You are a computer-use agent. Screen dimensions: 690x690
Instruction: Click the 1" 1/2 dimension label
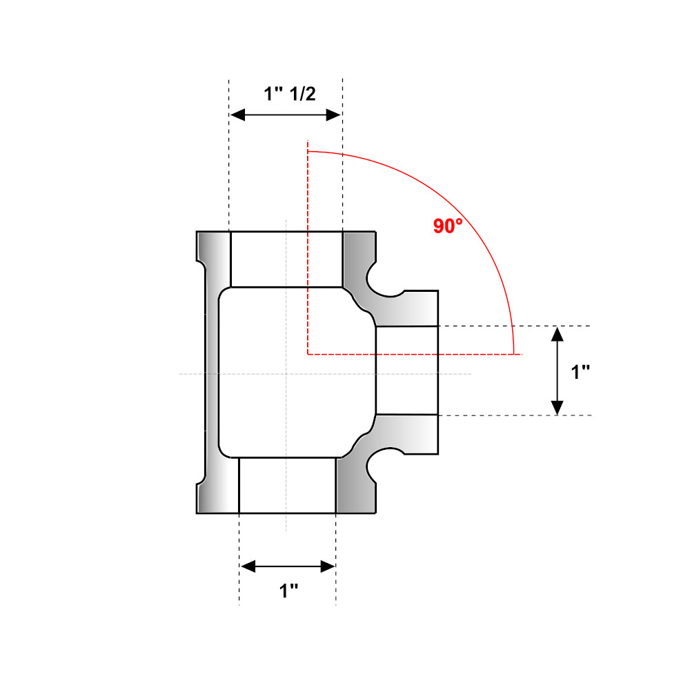click(290, 95)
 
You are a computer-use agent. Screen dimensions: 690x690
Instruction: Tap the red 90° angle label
click(447, 226)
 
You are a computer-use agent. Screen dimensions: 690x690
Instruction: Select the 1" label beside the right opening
click(581, 372)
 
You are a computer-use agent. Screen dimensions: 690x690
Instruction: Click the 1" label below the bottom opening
click(288, 591)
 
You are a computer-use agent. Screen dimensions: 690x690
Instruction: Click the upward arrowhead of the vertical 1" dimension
click(558, 333)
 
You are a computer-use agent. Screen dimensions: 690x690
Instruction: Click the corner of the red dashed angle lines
click(308, 355)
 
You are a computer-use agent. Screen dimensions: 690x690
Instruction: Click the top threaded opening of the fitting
click(286, 259)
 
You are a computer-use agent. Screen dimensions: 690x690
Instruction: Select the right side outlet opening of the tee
click(406, 371)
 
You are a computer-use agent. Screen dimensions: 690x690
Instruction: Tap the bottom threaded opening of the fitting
click(287, 485)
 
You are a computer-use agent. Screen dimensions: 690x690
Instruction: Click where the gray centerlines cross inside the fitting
click(286, 374)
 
